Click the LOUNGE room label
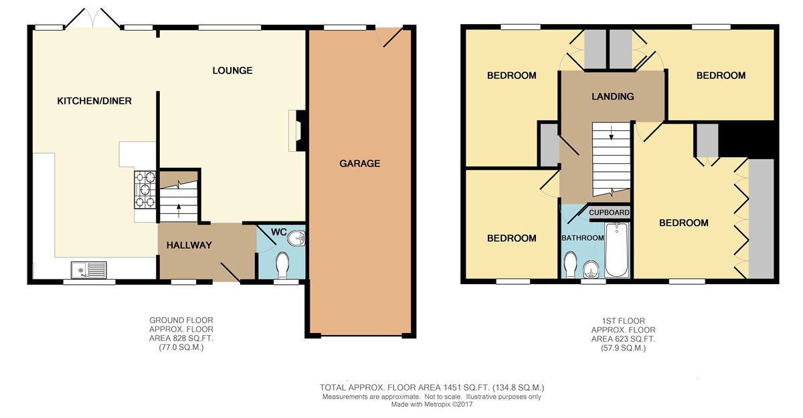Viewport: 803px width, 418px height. (x=232, y=71)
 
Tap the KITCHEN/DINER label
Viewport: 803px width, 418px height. (x=94, y=101)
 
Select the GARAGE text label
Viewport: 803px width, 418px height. (x=359, y=164)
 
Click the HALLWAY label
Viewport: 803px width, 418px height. (x=189, y=245)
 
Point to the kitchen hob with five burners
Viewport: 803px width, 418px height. (x=145, y=190)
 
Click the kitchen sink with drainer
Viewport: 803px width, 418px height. (x=88, y=270)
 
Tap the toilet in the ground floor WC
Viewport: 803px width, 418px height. (x=283, y=265)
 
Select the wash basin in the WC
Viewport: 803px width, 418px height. (x=297, y=237)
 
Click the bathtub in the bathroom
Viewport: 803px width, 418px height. (x=616, y=249)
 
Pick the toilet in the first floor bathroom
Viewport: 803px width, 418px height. (x=569, y=265)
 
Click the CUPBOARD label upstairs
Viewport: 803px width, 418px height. (x=609, y=213)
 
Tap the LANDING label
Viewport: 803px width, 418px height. (x=613, y=96)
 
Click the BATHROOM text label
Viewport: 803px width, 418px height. (x=583, y=238)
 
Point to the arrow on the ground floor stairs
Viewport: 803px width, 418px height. (x=179, y=211)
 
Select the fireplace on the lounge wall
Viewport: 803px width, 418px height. (x=297, y=130)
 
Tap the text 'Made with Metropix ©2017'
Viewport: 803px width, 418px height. (x=432, y=405)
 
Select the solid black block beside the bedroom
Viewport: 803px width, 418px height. (x=747, y=140)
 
